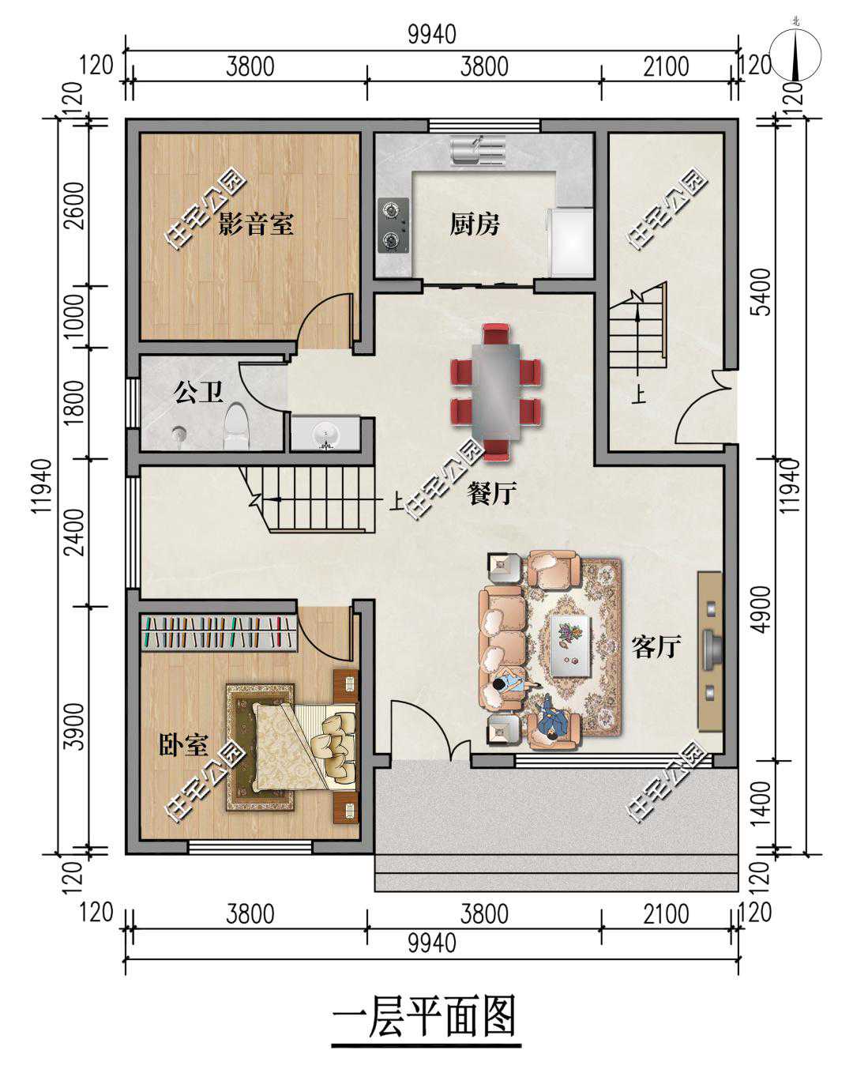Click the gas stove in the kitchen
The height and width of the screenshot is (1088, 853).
point(393,225)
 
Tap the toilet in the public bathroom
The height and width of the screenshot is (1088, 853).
point(237,427)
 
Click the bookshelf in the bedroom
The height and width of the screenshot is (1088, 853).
point(220,632)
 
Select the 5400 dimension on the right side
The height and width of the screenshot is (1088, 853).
point(764,292)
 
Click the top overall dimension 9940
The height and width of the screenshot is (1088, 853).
point(432,34)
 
